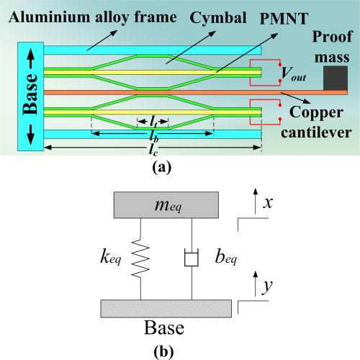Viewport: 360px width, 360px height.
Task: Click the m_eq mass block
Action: point(166,205)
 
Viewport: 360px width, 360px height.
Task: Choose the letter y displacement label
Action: point(267,287)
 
